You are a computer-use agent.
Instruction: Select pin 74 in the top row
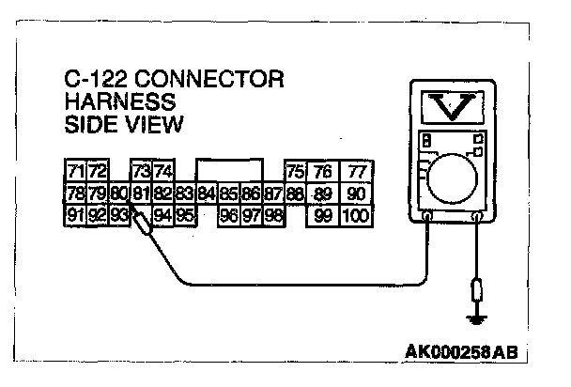pyautogui.click(x=163, y=172)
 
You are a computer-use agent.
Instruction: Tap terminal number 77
pyautogui.click(x=355, y=172)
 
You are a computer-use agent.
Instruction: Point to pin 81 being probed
pyautogui.click(x=141, y=193)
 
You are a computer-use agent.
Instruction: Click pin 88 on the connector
pyautogui.click(x=294, y=193)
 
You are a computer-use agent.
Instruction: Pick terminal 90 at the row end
pyautogui.click(x=355, y=193)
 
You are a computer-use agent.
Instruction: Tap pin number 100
pyautogui.click(x=355, y=215)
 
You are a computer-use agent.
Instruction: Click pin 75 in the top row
pyautogui.click(x=294, y=172)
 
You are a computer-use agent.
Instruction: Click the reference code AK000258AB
pyautogui.click(x=462, y=352)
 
